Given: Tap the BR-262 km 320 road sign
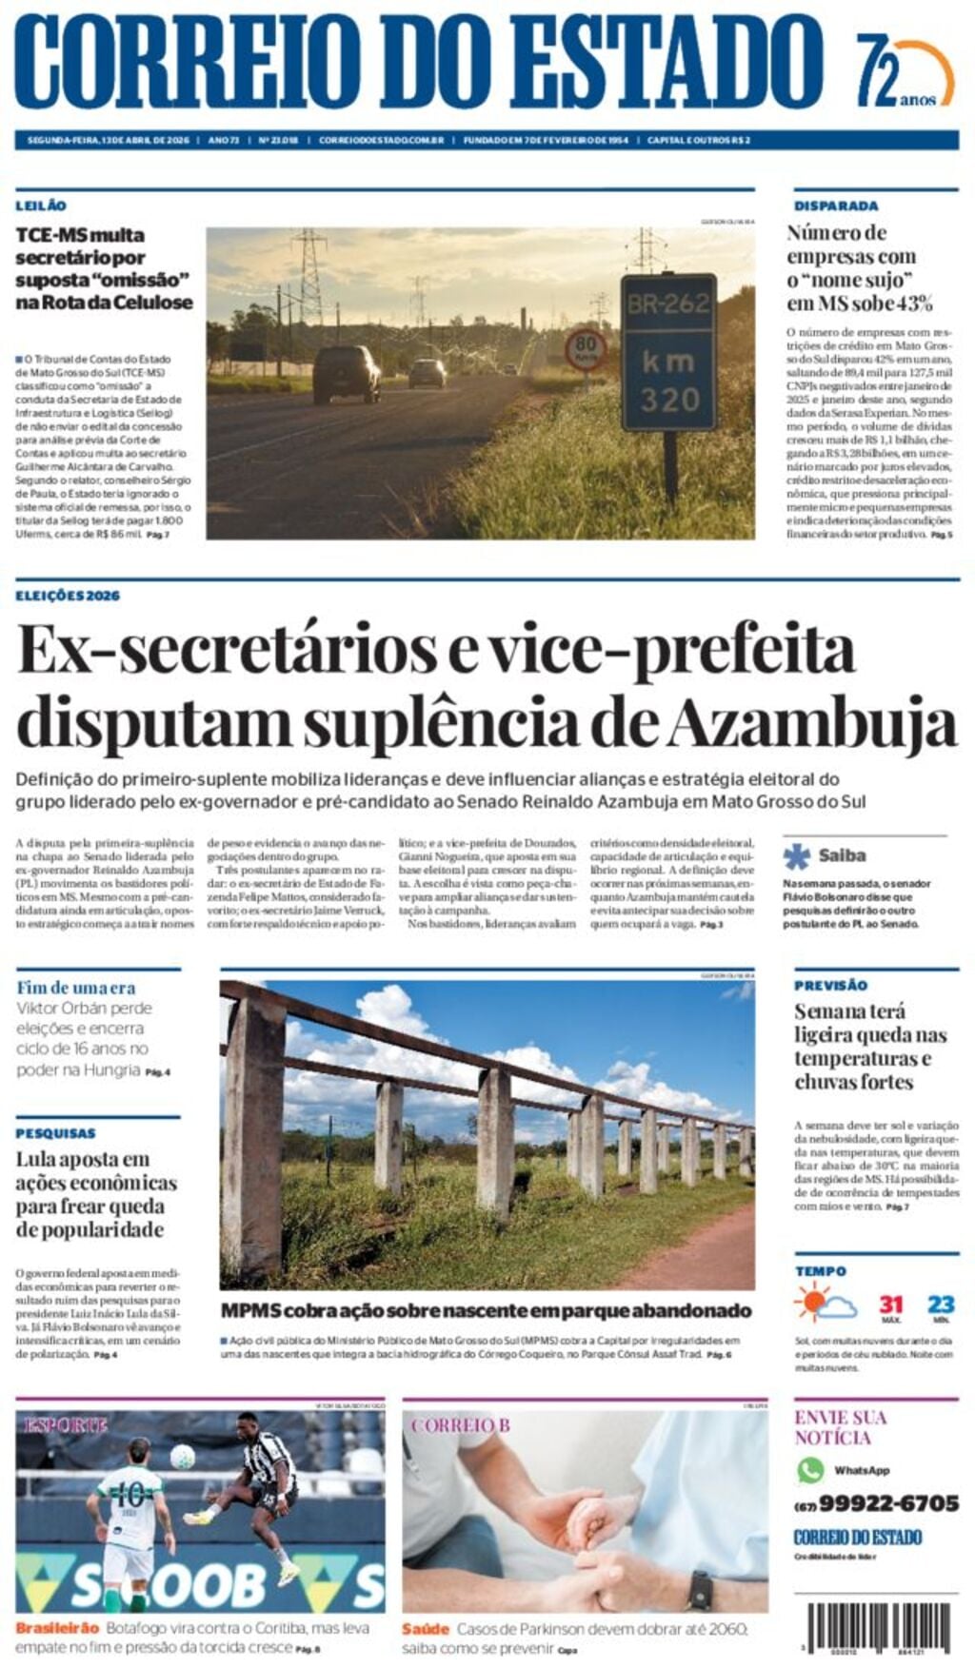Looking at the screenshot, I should pyautogui.click(x=668, y=351).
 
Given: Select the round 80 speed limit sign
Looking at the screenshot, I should pyautogui.click(x=586, y=349).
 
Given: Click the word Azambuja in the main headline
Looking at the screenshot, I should pyautogui.click(x=809, y=724).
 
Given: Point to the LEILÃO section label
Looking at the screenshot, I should pyautogui.click(x=41, y=206).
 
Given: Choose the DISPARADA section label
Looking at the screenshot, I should pyautogui.click(x=836, y=206).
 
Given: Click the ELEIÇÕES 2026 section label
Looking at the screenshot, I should pyautogui.click(x=68, y=596).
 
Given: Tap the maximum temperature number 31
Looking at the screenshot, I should pyautogui.click(x=891, y=1304).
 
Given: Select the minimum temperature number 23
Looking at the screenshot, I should pyautogui.click(x=941, y=1304).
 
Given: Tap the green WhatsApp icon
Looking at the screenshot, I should pyautogui.click(x=810, y=1470).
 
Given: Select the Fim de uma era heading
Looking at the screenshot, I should pyautogui.click(x=75, y=988).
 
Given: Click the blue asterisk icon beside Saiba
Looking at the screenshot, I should pyautogui.click(x=797, y=855).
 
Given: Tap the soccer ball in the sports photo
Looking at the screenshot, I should pyautogui.click(x=183, y=1456).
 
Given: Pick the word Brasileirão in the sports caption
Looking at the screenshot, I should pyautogui.click(x=57, y=1628).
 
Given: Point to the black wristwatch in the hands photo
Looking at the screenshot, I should pyautogui.click(x=700, y=1589).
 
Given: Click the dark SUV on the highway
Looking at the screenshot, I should pyautogui.click(x=345, y=372).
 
